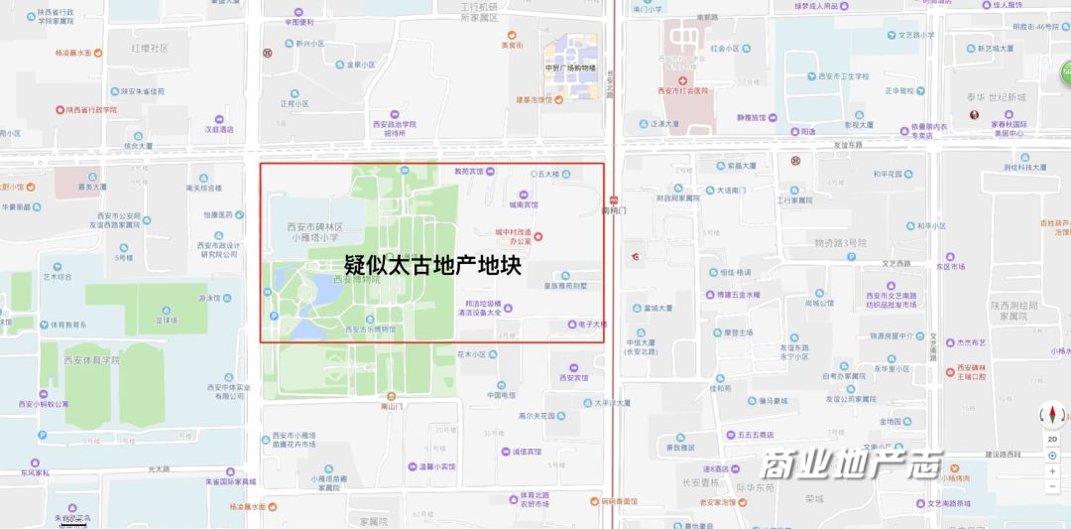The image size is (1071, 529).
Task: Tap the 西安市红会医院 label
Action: tap(684, 90)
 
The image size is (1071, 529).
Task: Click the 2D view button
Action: tap(1052, 439)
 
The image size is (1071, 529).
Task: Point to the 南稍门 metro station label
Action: tap(615, 209)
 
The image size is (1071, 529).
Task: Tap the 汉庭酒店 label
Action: tap(219, 129)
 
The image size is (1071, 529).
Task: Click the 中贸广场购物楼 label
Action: tap(571, 67)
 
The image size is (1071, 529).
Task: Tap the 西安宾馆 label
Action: tap(573, 377)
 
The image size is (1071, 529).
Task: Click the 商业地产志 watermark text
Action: tap(852, 464)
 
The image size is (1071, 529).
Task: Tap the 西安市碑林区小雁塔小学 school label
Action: tap(315, 232)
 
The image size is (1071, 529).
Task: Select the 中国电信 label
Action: tap(501, 395)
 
